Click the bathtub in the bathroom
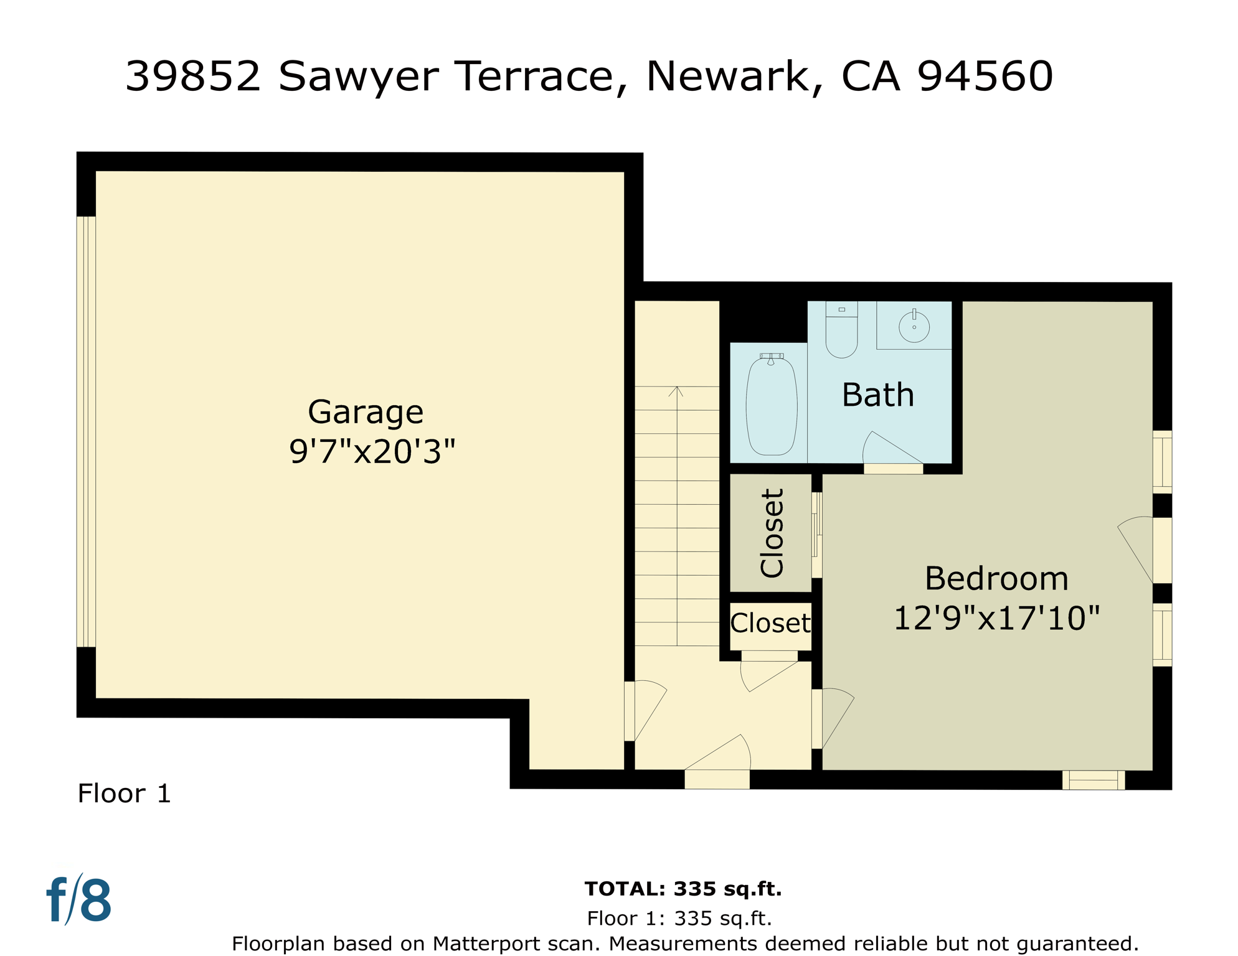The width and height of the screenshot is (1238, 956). pyautogui.click(x=772, y=406)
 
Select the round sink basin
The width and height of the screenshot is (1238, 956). pyautogui.click(x=914, y=326)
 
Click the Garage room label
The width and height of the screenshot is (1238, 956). pyautogui.click(x=366, y=413)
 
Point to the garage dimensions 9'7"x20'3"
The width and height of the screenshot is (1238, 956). pyautogui.click(x=372, y=452)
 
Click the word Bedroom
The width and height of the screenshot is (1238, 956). pyautogui.click(x=996, y=579)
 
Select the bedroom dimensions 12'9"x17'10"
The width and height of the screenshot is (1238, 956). pyautogui.click(x=996, y=619)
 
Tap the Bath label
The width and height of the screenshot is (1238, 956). pyautogui.click(x=877, y=395)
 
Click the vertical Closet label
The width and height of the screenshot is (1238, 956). pyautogui.click(x=772, y=533)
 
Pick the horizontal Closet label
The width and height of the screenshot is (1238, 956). pyautogui.click(x=770, y=623)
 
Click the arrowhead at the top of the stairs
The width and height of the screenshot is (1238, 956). pyautogui.click(x=676, y=391)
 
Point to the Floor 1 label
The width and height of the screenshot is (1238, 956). pyautogui.click(x=124, y=794)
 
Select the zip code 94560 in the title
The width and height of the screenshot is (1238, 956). pyautogui.click(x=985, y=76)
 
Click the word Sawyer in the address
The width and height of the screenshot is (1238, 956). pyautogui.click(x=359, y=77)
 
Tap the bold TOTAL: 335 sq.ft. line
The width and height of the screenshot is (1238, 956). pyautogui.click(x=683, y=889)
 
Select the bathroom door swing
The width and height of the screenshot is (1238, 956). pyautogui.click(x=887, y=449)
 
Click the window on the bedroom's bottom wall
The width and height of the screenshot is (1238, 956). pyautogui.click(x=1093, y=780)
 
